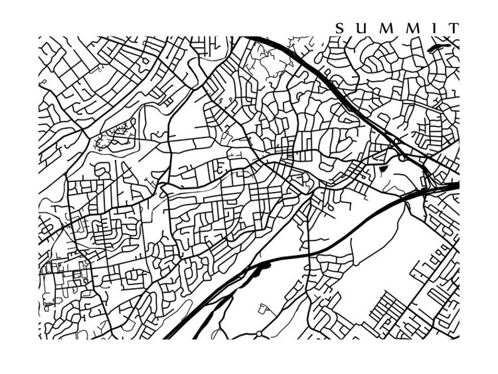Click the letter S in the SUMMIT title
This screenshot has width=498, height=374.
coord(339,28)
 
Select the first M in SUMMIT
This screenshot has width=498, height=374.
coord(386,28)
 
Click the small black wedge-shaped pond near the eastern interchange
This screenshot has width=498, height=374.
coord(384,168)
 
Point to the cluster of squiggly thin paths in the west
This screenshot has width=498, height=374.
coord(113,135)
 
